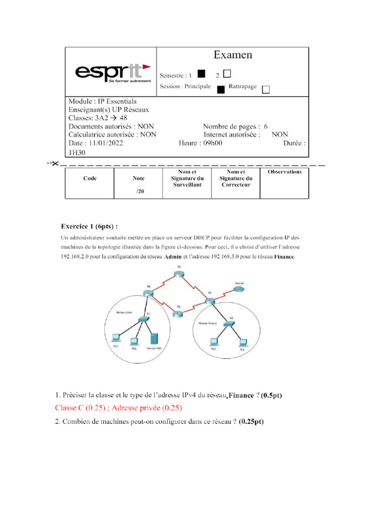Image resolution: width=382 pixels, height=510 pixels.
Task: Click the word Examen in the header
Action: [x=233, y=55]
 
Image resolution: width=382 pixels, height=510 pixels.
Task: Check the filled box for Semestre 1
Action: [x=201, y=74]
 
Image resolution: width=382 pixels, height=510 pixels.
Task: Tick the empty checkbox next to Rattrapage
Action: [x=265, y=89]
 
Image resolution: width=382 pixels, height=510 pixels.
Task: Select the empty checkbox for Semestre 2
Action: [x=227, y=74]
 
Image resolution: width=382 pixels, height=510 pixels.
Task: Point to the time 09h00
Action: [x=210, y=142]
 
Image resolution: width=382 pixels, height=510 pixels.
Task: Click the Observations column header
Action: [x=285, y=172]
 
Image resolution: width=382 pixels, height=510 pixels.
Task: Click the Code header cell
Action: [x=90, y=178]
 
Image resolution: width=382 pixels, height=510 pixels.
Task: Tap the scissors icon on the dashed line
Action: [x=55, y=163]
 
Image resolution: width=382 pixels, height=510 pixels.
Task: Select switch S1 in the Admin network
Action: [x=143, y=318]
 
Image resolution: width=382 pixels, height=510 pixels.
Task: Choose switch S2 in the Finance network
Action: [x=230, y=324]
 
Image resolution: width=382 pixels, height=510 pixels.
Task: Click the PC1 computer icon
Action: [x=115, y=336]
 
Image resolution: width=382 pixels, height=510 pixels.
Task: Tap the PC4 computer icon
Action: [x=242, y=342]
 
